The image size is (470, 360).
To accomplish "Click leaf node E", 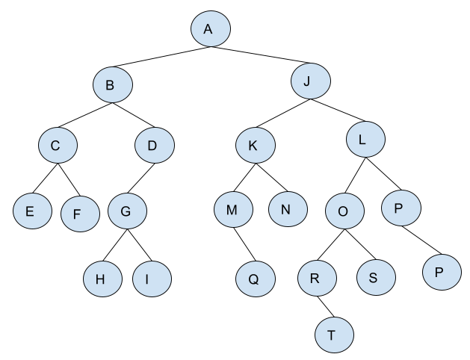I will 31,211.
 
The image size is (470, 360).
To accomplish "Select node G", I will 127,211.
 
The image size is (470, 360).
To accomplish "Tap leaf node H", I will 102,278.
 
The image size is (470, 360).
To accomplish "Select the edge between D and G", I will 140,178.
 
